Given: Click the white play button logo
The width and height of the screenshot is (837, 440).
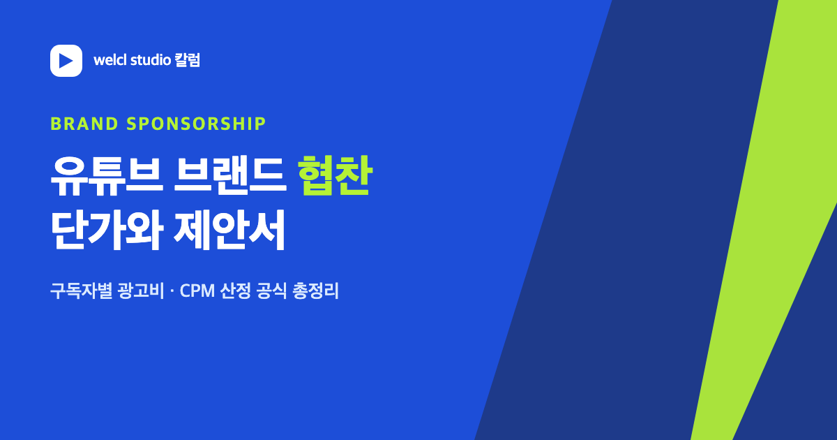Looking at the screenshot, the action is (66, 61).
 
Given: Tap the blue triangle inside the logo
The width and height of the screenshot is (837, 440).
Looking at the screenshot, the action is (66, 61).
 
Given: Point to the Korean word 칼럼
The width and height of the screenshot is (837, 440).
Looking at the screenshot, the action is (188, 60).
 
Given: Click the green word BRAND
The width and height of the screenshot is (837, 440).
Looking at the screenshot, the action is (84, 124).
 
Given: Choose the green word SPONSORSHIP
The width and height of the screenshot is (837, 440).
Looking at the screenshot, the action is (196, 124).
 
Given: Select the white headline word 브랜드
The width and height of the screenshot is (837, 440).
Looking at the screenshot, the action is (230, 175).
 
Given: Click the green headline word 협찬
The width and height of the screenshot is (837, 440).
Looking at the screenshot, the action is (335, 175).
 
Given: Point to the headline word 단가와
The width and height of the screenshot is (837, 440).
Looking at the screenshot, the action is (107, 229).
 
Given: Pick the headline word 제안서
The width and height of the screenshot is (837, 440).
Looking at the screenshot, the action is (229, 229).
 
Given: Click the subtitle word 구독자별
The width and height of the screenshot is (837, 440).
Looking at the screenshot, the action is (81, 291).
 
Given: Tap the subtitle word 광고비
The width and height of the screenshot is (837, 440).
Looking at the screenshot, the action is (140, 291).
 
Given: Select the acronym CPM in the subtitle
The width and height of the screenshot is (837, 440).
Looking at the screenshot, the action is (197, 291).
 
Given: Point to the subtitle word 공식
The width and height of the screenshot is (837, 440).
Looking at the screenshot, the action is (271, 291).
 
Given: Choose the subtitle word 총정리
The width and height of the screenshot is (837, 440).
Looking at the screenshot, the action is (315, 291).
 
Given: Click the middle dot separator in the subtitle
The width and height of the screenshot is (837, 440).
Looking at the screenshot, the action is (172, 291).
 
